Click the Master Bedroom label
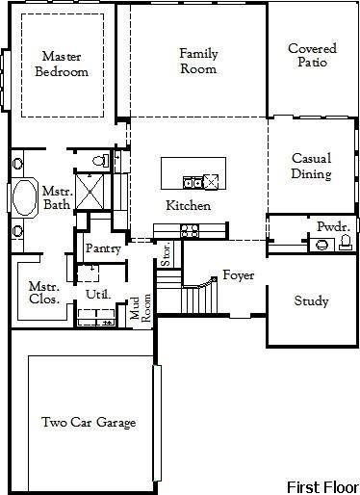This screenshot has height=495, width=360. [x=62, y=64]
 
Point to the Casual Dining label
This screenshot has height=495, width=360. [x=311, y=167]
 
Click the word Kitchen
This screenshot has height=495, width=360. [x=188, y=206]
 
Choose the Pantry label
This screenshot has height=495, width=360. [x=102, y=248]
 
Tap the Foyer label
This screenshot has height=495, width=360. [x=238, y=275]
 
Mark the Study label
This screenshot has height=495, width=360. [x=310, y=301]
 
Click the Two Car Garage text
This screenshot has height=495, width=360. [x=88, y=422]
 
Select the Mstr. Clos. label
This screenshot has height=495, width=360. [x=44, y=292]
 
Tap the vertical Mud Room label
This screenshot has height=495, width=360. [x=141, y=308]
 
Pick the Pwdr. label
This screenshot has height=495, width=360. [x=332, y=226]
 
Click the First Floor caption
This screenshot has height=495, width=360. [x=321, y=484]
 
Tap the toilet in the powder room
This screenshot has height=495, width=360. [x=345, y=244]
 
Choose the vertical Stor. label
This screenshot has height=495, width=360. [x=167, y=256]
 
